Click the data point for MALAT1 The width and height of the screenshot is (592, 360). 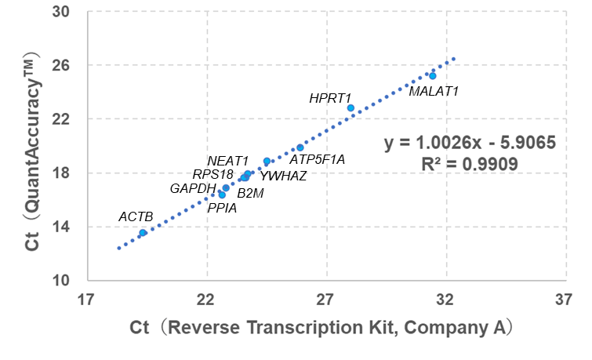(433, 75)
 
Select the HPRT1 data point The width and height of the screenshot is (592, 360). (350, 107)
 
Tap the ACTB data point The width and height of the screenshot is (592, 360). (143, 233)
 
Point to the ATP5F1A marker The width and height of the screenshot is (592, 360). (300, 147)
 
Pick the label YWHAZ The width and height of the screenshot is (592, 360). (283, 176)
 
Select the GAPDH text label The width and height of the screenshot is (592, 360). (193, 188)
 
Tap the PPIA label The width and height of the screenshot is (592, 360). (222, 208)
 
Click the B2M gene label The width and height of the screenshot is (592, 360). (251, 192)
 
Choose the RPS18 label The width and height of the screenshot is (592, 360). (212, 174)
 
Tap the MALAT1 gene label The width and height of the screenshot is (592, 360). (434, 91)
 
